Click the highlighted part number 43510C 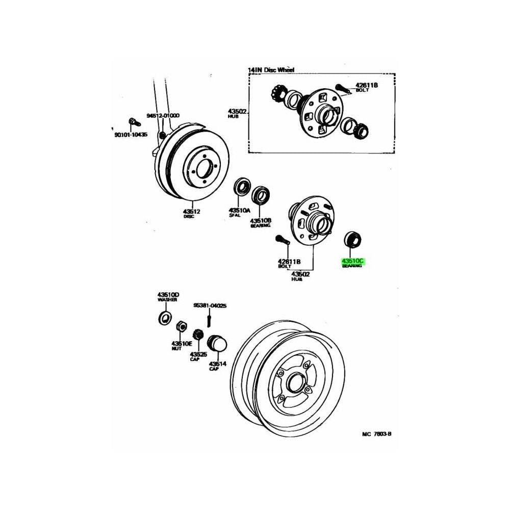point(352,261)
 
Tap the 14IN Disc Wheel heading point(271,69)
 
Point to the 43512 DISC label point(189,213)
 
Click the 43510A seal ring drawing point(242,188)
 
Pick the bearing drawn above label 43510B point(262,194)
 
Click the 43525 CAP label point(198,355)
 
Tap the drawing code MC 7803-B point(376,434)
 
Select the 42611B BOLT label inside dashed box point(366,87)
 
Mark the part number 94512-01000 point(163,116)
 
